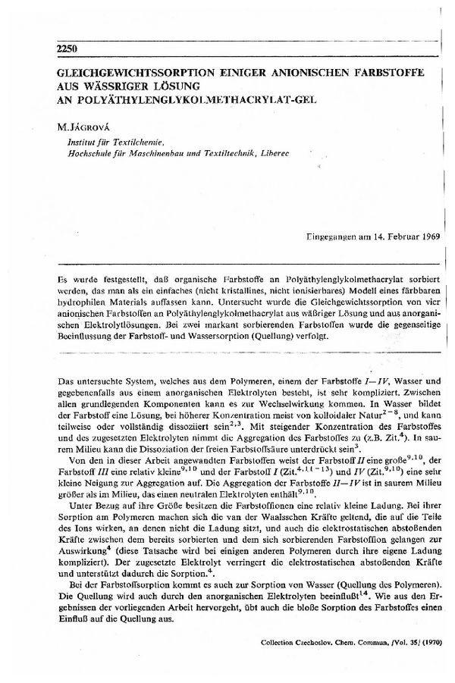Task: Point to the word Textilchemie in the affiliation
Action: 143,141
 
